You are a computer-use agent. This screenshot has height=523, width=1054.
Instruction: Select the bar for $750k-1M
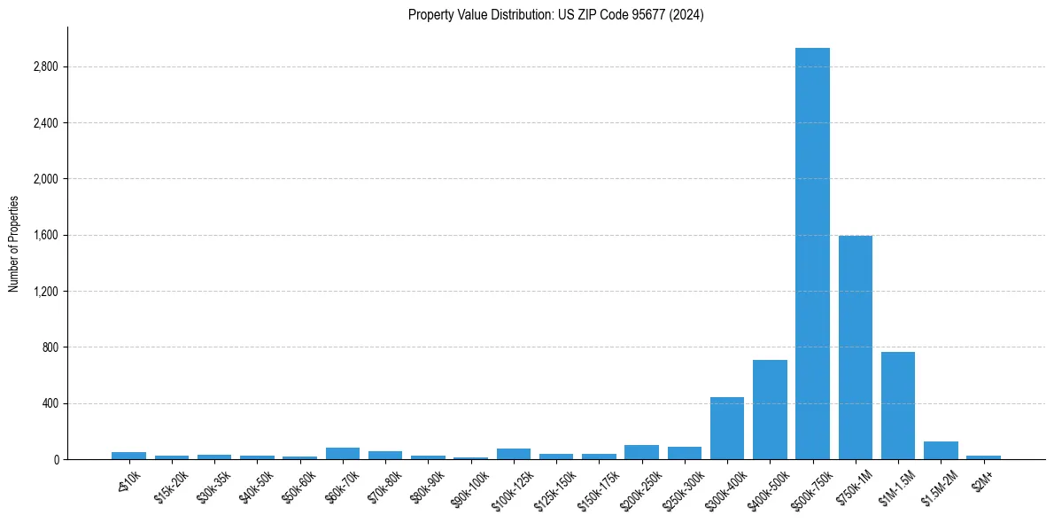click(x=855, y=347)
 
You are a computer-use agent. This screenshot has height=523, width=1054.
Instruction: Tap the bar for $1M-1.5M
click(x=897, y=406)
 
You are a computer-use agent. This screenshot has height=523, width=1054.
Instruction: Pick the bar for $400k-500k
click(x=770, y=410)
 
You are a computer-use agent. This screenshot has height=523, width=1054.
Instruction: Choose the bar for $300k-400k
click(x=727, y=428)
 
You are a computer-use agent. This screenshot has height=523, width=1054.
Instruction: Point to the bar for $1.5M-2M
click(x=941, y=450)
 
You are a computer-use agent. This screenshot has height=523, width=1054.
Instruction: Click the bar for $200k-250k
click(x=641, y=452)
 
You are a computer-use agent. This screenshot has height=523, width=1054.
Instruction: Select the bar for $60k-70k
click(x=343, y=453)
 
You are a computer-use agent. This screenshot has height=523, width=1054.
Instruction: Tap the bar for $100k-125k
click(x=514, y=454)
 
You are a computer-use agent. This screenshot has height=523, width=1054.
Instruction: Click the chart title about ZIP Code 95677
click(x=556, y=15)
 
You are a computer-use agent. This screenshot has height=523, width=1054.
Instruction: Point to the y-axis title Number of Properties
click(x=14, y=244)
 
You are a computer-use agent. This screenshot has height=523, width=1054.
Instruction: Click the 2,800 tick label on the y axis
click(x=44, y=67)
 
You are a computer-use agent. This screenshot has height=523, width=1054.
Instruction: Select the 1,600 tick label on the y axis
click(x=44, y=236)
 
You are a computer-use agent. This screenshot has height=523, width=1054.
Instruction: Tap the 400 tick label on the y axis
click(x=49, y=404)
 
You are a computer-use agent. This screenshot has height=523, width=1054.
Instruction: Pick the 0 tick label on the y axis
click(x=55, y=460)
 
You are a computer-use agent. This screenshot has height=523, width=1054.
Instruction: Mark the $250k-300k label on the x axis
click(x=682, y=488)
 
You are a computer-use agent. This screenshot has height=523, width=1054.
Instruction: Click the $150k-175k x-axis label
click(x=597, y=488)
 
